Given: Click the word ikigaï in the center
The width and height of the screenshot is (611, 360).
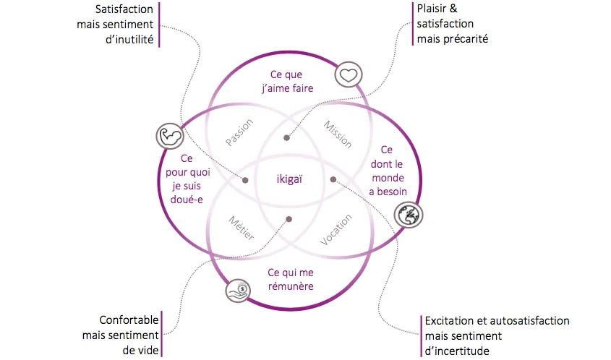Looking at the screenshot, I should (x=289, y=179).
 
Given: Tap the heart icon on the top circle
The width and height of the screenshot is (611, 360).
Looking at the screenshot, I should (x=348, y=74).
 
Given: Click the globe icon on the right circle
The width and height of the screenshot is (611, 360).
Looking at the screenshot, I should (x=409, y=213).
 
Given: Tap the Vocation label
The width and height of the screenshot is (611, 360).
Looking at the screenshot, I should (x=336, y=230).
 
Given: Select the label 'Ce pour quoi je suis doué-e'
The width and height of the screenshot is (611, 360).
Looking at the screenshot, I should (x=187, y=178).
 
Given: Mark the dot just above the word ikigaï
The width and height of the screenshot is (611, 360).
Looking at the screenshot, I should (x=286, y=137).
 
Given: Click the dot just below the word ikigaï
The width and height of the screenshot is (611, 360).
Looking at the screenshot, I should (x=289, y=218).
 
